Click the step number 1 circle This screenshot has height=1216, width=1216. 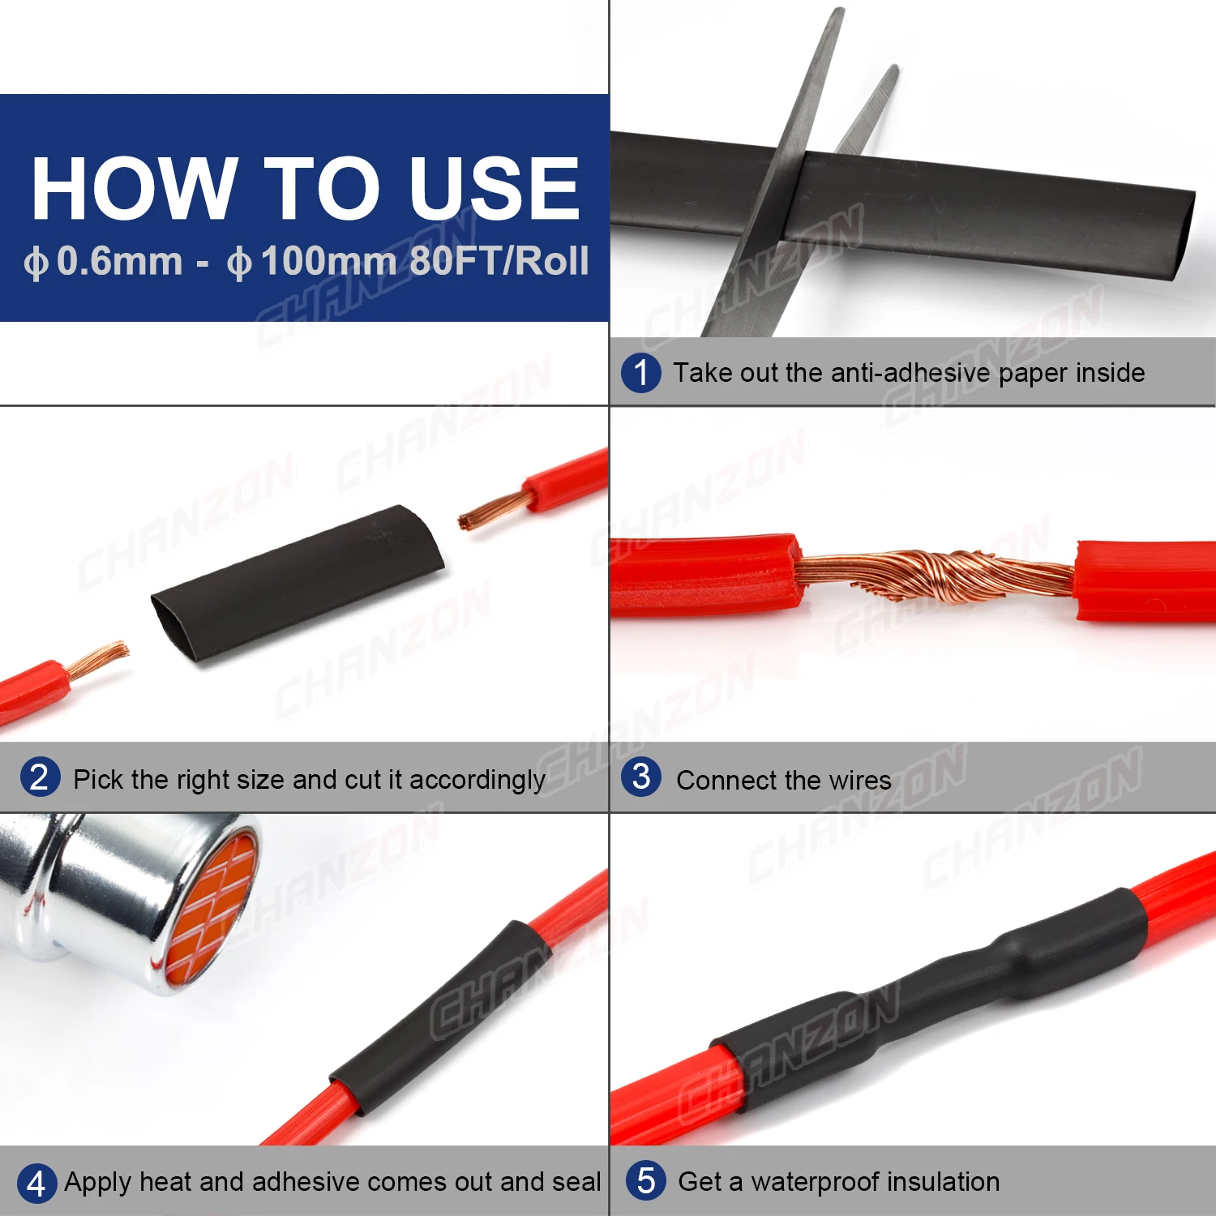point(641,373)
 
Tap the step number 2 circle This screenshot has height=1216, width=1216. point(40,777)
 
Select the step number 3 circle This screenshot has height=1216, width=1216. point(641,777)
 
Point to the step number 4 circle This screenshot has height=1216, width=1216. point(36,1184)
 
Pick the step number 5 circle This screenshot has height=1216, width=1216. point(646,1181)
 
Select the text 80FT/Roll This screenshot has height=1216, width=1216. point(499,261)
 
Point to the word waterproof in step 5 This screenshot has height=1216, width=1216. point(829,1183)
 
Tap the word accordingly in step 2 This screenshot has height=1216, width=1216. point(477,780)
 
